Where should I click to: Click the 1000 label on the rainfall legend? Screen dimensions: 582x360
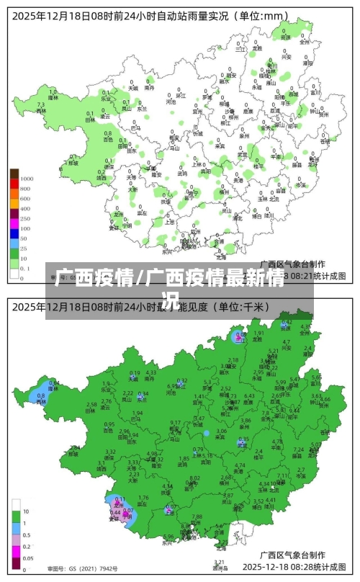pyautogui.click(x=27, y=178)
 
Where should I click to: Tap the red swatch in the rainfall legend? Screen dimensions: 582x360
pyautogui.click(x=14, y=187)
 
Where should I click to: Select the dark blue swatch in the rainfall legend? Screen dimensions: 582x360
pyautogui.click(x=14, y=237)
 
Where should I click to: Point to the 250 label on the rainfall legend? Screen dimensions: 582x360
pyautogui.click(x=25, y=218)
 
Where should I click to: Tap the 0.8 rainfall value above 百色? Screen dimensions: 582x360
pyautogui.click(x=108, y=133)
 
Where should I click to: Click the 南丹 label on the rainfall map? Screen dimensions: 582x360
pyautogui.click(x=149, y=88)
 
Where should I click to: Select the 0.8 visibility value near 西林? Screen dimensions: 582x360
pyautogui.click(x=40, y=395)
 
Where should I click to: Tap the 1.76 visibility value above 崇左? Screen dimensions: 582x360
pyautogui.click(x=143, y=498)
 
